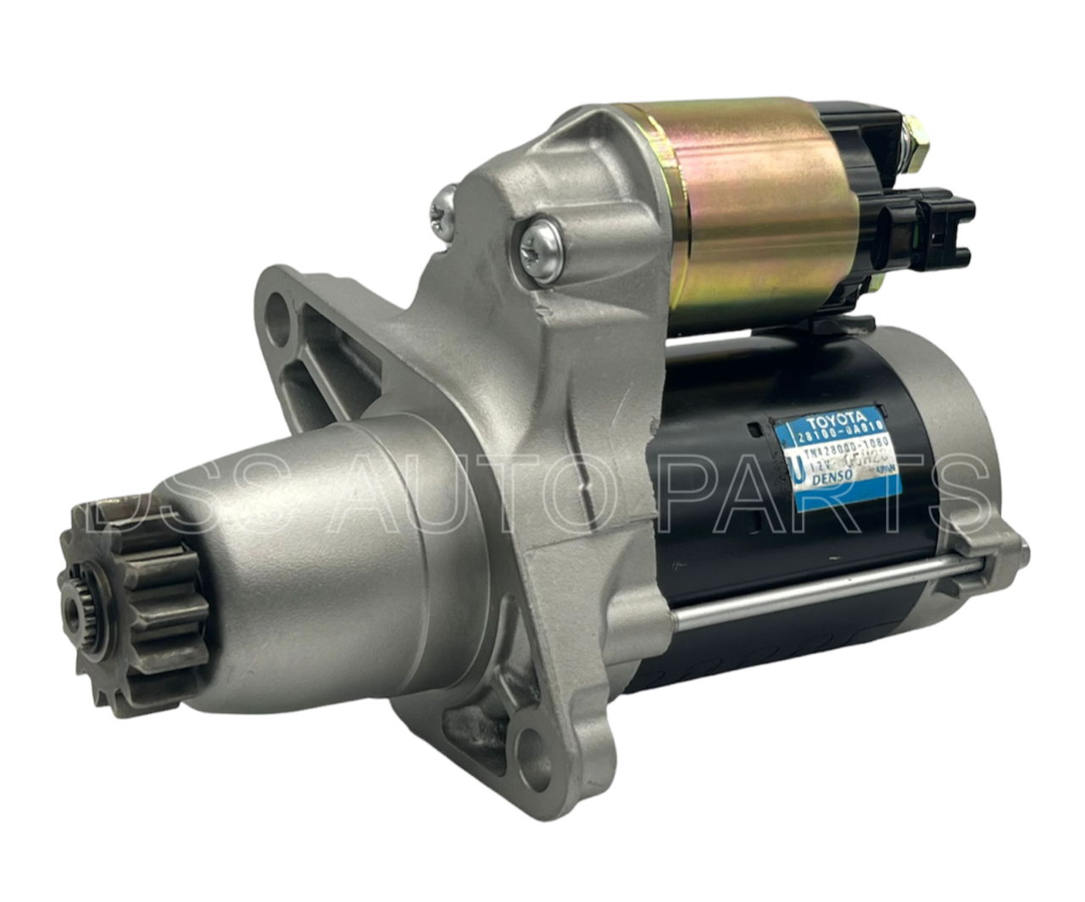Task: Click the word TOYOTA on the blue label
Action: pos(836,420)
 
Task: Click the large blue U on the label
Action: pos(798,468)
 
